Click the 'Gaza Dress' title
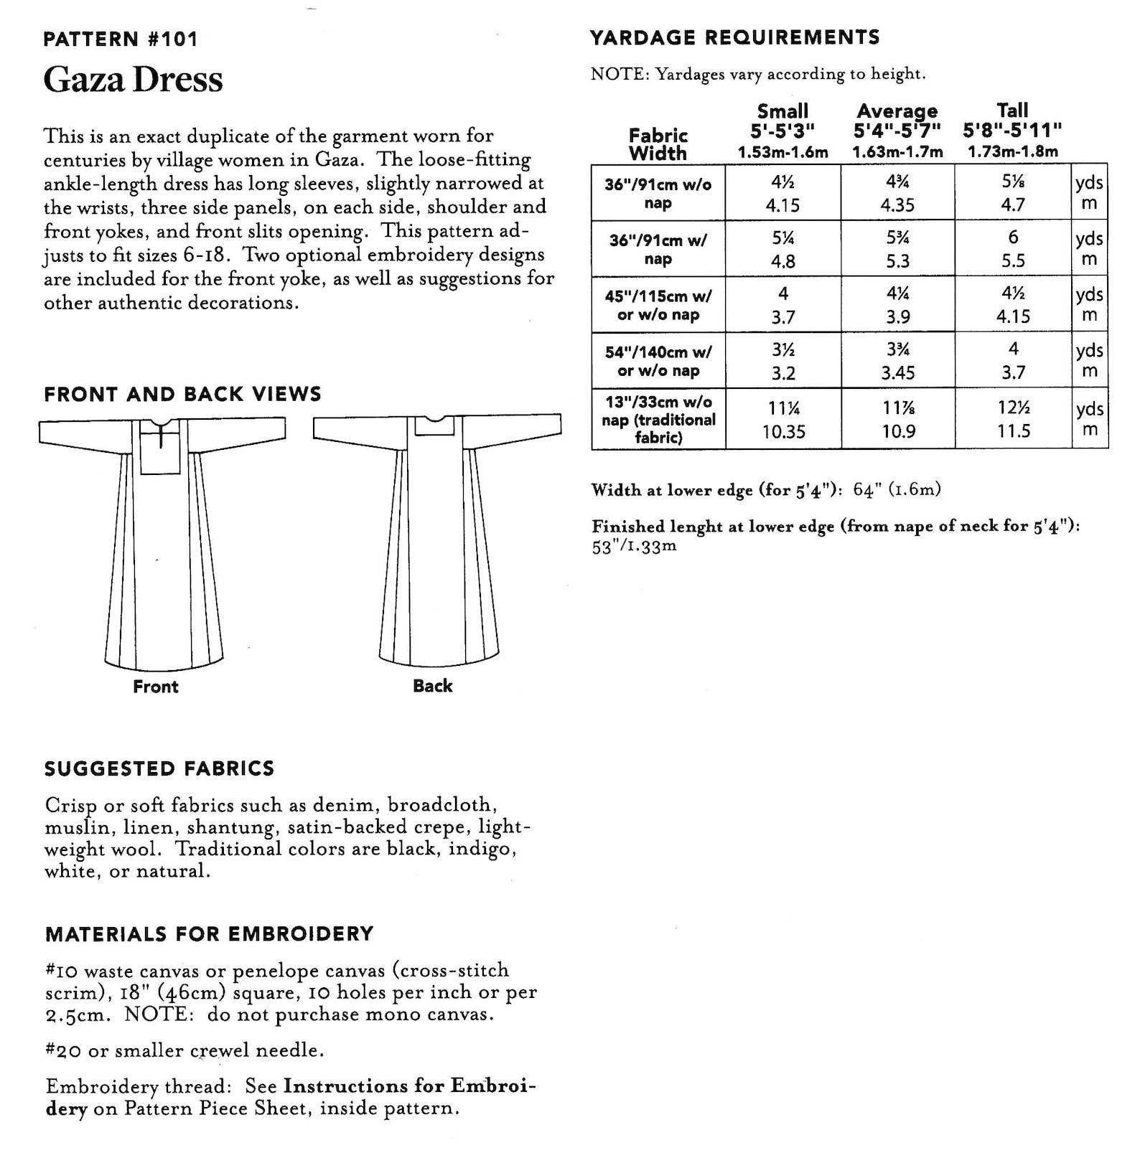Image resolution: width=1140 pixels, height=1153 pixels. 133,80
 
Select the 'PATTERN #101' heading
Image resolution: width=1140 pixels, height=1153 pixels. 120,39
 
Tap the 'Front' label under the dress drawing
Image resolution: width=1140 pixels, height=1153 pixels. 155,687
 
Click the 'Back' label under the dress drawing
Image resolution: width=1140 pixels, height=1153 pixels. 432,686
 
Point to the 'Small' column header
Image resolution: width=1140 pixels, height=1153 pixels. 782,111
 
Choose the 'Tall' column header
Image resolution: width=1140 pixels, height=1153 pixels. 1012,110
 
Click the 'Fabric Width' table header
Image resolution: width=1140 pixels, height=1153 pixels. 658,144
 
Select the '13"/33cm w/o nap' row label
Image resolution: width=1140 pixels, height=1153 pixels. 658,419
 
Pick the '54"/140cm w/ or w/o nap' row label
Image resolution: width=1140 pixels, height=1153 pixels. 658,361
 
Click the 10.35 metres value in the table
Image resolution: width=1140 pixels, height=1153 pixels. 783,432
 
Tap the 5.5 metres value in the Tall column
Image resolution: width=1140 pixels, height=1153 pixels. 1013,261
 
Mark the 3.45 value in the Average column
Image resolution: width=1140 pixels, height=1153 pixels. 897,373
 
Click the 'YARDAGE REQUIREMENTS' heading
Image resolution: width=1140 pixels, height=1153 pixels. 734,37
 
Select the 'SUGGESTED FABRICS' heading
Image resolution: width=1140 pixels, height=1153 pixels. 159,768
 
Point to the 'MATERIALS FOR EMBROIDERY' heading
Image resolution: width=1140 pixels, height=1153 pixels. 209,933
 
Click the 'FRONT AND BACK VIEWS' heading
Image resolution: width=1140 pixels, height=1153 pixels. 182,394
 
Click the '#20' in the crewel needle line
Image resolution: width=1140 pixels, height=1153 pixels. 63,1050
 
